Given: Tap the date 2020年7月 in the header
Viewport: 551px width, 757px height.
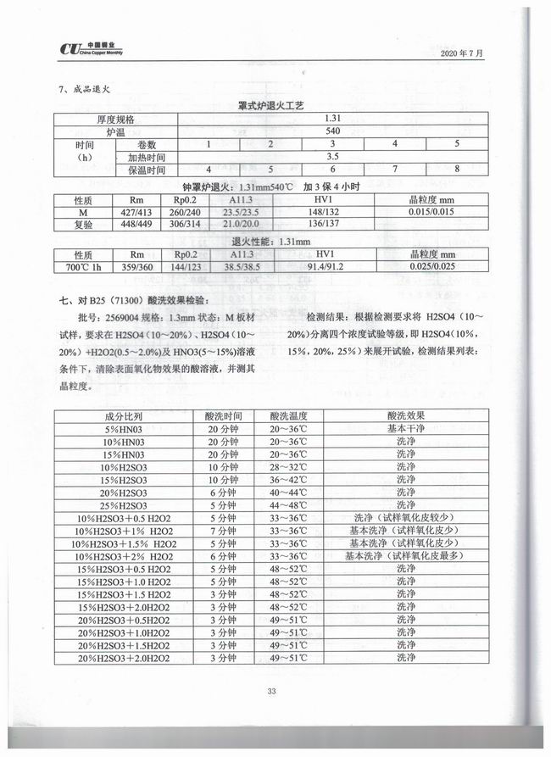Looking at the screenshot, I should [462, 53].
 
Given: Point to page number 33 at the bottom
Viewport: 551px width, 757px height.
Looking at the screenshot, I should [271, 691].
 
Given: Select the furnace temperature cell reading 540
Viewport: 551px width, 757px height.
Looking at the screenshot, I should [331, 131].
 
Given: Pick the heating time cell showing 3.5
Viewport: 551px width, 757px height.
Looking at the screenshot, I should [331, 157].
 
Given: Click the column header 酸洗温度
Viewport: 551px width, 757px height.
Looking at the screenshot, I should [294, 416].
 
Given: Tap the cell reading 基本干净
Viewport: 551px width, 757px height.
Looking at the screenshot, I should [405, 429].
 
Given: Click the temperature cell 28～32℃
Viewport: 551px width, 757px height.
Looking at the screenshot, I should [294, 466].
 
